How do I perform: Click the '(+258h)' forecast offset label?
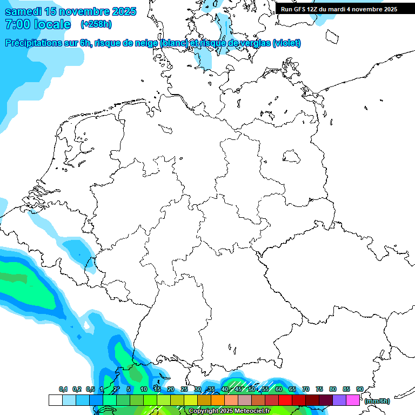click(96, 24)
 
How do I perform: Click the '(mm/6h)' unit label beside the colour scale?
click(377, 401)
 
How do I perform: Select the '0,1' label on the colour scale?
click(63, 390)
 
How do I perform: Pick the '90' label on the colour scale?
click(359, 390)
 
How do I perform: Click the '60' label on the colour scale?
click(278, 390)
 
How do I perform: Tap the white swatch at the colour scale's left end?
click(55, 400)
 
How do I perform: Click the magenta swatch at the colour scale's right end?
click(353, 400)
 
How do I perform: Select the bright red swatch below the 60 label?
click(285, 400)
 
